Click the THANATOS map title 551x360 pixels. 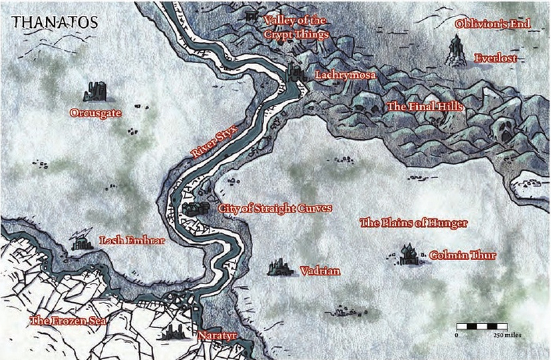click(55, 21)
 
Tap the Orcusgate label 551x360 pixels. click(96, 113)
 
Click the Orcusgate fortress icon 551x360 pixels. click(98, 91)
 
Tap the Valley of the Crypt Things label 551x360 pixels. click(296, 27)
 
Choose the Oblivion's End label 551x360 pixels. click(492, 24)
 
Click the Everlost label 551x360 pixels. click(495, 59)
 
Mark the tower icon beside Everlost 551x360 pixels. click(456, 50)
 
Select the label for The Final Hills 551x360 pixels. click(424, 106)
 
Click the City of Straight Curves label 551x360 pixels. click(275, 208)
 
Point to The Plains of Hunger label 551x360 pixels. click(413, 223)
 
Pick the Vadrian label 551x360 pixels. click(320, 271)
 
